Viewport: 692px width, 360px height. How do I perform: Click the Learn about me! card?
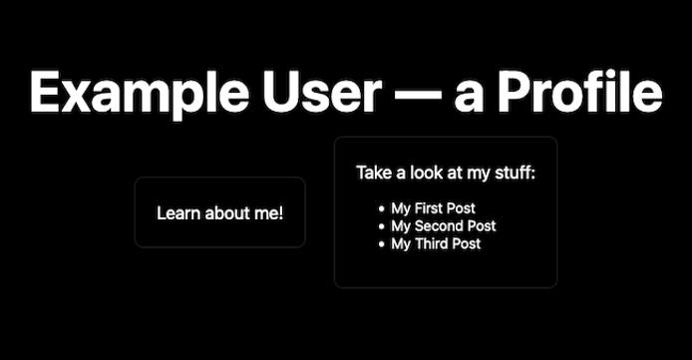219,212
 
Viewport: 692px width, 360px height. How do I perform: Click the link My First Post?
433,208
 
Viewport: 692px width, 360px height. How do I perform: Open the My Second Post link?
443,226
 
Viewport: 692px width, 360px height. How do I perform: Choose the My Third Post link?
436,243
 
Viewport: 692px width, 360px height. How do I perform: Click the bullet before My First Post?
381,209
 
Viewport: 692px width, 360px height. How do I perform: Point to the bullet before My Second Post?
381,226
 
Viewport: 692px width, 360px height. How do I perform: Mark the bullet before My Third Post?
381,244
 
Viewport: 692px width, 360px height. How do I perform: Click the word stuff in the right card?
517,174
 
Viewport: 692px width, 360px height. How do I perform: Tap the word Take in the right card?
374,174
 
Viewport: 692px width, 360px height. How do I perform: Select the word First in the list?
431,208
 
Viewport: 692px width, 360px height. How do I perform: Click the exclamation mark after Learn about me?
280,212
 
